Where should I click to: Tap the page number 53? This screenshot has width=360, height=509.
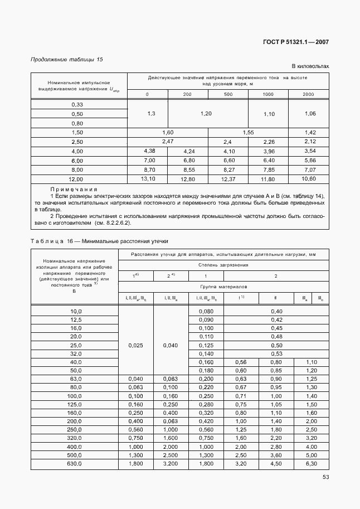(325, 477)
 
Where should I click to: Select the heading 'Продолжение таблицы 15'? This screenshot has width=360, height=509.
(66, 59)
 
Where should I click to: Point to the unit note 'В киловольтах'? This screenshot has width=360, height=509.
(310, 66)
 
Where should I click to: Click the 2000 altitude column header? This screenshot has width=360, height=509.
(308, 94)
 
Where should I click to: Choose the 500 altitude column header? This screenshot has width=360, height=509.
(228, 94)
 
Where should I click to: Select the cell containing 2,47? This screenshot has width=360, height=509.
(167, 142)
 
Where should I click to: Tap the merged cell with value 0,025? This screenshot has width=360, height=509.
(135, 345)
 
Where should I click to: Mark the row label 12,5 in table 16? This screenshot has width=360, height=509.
(75, 319)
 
